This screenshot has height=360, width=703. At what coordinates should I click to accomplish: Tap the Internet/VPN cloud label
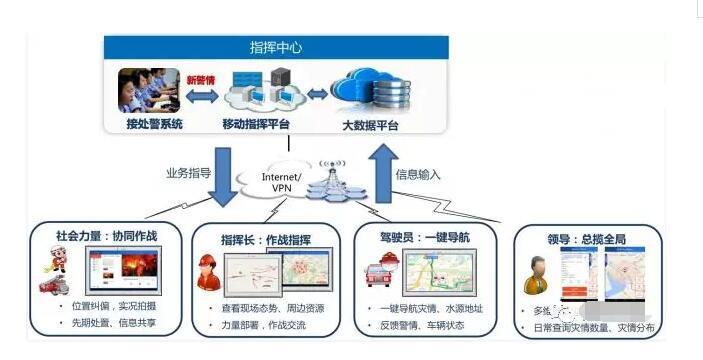pyautogui.click(x=282, y=183)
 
